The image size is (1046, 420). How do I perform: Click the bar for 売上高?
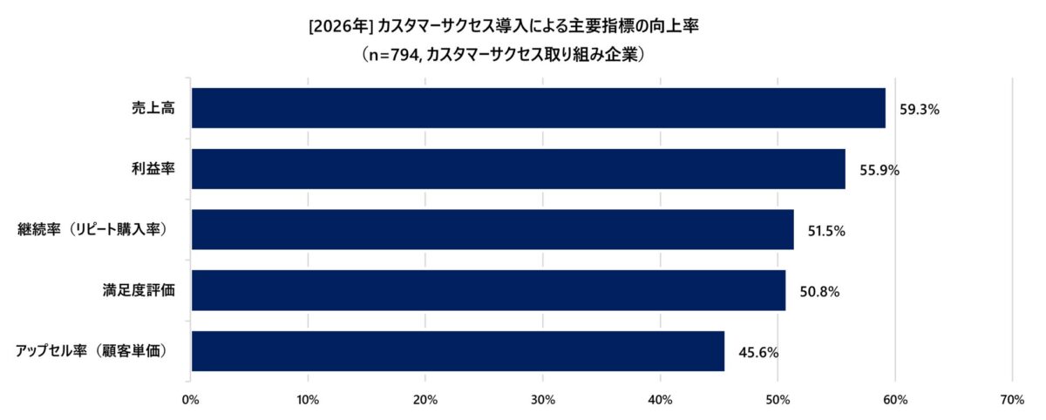pos(538,108)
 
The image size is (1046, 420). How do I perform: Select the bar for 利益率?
pos(518,169)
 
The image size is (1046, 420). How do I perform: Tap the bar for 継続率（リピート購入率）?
pos(492,230)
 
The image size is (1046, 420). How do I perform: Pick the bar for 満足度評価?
pos(488,291)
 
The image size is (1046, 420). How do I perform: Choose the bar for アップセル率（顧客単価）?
pos(458,351)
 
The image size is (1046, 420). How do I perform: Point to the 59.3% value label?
pos(918,110)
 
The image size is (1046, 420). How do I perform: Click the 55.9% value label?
pos(880,171)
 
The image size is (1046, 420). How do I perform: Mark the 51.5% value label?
pos(826,232)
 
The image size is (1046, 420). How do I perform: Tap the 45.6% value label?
pos(758,353)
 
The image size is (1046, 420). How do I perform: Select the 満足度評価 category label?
pos(138,291)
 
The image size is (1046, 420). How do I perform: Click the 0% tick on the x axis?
pos(190,399)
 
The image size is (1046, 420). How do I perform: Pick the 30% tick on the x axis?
pos(542,399)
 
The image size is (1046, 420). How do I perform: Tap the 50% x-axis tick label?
pos(778,399)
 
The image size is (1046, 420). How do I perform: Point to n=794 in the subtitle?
pos(397,55)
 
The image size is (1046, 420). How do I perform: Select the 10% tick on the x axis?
pos(308,399)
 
